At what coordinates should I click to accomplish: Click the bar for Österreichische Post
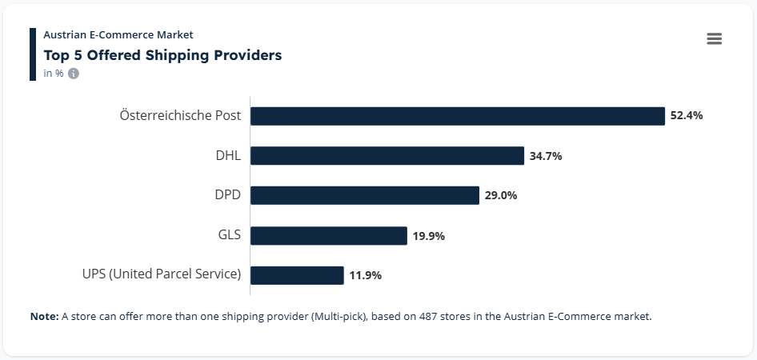point(458,116)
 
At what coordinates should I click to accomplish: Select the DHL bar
point(387,156)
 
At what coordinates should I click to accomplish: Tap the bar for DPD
point(365,195)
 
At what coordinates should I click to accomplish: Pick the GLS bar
point(329,235)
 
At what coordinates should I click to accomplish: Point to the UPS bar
point(297,275)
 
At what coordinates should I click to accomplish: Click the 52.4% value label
point(687,116)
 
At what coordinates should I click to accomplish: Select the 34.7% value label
point(546,156)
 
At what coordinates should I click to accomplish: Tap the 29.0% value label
point(501,195)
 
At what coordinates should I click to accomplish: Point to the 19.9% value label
point(429,235)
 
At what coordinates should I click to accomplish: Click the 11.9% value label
point(366,275)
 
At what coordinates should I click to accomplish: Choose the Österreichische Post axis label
point(180,115)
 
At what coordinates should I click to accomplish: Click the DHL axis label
point(228,155)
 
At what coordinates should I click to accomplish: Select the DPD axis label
point(228,194)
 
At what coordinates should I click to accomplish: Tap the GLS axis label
point(229,234)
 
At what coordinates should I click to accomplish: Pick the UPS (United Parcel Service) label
point(162,274)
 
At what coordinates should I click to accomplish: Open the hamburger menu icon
point(715,39)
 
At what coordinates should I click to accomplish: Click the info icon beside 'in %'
point(74,74)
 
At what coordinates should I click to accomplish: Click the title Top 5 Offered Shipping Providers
point(162,55)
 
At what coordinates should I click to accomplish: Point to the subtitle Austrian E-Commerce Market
point(118,34)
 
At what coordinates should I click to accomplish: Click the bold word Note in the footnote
point(44,317)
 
